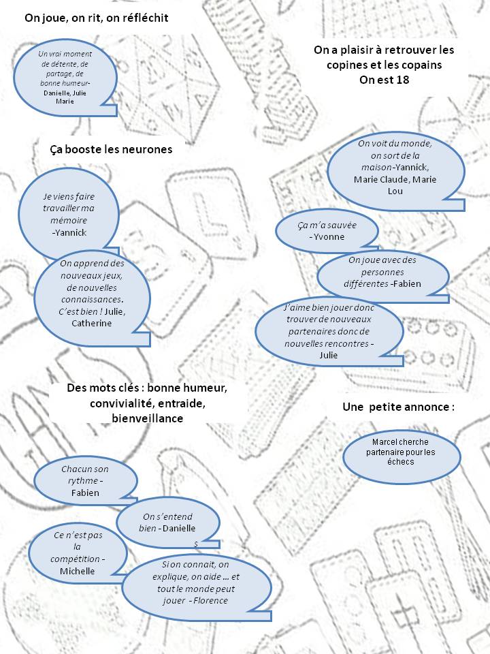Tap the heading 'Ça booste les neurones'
click(111, 149)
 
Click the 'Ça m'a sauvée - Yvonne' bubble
click(327, 231)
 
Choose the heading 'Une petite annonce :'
click(398, 407)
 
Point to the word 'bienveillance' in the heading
click(147, 418)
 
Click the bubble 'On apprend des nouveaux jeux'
click(91, 293)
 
